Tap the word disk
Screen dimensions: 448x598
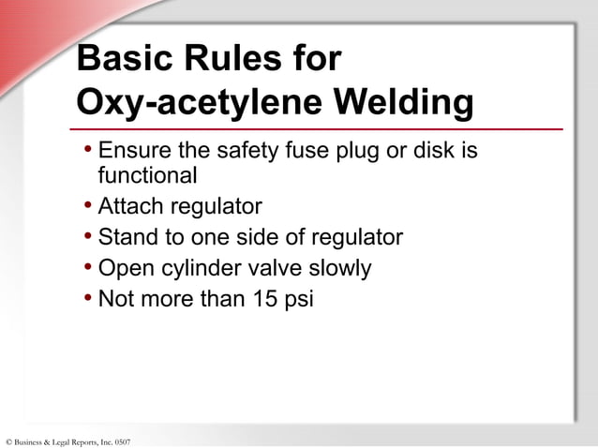point(437,150)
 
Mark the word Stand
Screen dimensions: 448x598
point(127,237)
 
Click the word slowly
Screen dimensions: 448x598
point(340,269)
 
